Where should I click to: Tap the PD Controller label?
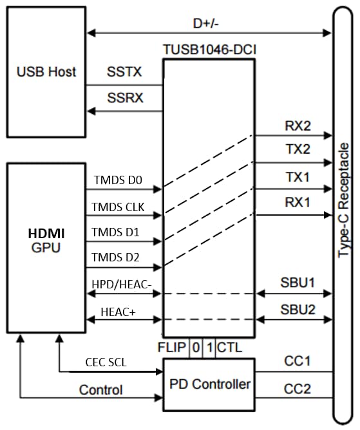[x=209, y=384]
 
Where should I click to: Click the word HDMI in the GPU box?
[x=44, y=232]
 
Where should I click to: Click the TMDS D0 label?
[x=117, y=181]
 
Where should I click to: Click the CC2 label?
[x=297, y=388]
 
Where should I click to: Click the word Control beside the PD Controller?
[x=101, y=389]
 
